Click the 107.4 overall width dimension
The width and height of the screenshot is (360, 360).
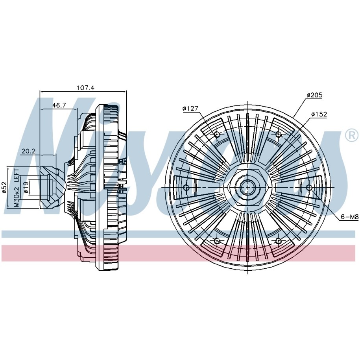click(x=85, y=88)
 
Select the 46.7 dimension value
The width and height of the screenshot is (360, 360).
click(x=59, y=105)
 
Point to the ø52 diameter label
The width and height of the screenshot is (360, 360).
click(x=4, y=188)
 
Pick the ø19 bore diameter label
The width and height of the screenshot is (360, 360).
click(x=26, y=188)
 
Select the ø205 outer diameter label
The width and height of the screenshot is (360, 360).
click(x=314, y=95)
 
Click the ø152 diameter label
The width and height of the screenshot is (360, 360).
click(x=319, y=114)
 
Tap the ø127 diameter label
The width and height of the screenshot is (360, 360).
click(x=190, y=108)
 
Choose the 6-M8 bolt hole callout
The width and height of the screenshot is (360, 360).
click(x=350, y=217)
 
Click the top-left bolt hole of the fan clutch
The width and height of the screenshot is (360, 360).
click(x=217, y=134)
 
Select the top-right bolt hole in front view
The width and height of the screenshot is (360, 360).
click(x=279, y=134)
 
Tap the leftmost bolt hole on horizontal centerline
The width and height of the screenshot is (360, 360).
click(x=186, y=188)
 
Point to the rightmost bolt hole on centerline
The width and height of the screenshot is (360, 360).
click(x=309, y=188)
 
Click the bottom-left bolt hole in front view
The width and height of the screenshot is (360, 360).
click(x=217, y=241)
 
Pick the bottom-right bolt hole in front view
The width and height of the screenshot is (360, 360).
click(x=279, y=241)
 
